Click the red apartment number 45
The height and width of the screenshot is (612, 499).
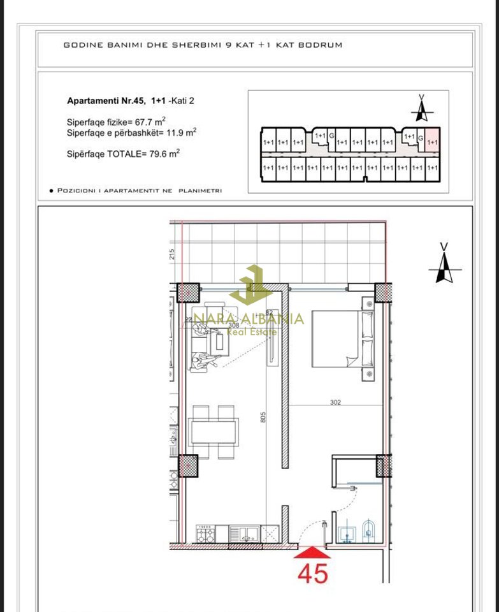[312, 573]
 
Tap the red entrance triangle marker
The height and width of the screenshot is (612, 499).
[312, 551]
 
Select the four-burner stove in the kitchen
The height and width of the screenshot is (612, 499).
[205, 534]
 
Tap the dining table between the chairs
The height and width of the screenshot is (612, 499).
[214, 431]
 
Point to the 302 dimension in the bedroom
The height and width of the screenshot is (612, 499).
[336, 402]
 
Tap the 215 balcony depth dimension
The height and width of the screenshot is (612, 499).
[172, 254]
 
